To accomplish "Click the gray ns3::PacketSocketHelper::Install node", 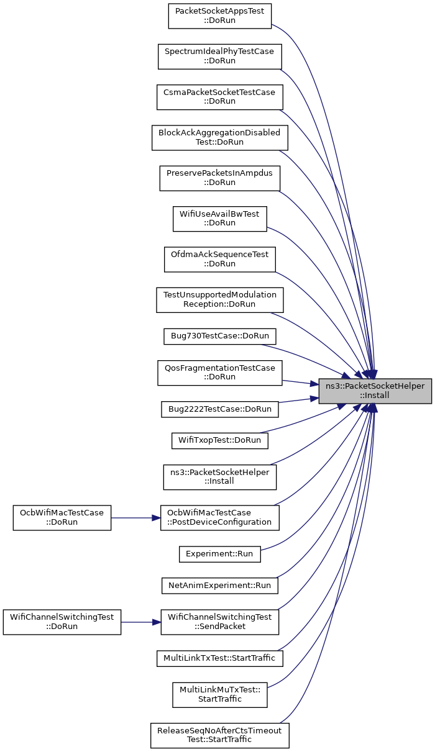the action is (375, 391).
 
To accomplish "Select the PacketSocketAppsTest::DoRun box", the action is (220, 16).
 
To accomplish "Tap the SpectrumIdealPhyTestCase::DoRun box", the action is (220, 57).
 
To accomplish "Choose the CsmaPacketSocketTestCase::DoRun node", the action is (220, 97).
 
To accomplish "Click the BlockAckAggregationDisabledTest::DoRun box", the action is (220, 138).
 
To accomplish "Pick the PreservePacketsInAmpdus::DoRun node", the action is (220, 178).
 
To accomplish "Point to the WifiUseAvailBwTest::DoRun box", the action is (220, 219).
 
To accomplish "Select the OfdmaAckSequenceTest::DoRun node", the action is (220, 260).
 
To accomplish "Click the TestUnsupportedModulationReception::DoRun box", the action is (220, 300).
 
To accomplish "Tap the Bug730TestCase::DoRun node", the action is (220, 337).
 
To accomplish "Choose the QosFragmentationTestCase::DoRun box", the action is (220, 373).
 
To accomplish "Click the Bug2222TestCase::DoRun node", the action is (220, 410).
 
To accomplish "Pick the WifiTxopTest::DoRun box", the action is (220, 441).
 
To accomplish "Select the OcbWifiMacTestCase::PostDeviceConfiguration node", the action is (220, 518).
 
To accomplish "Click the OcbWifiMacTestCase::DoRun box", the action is (62, 518).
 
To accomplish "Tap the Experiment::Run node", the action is (220, 555).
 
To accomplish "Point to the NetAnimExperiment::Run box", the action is (220, 586).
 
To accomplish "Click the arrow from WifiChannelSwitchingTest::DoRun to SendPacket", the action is (140, 622).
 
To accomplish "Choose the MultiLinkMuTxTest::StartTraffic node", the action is (220, 695).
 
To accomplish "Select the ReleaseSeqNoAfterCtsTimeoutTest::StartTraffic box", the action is (220, 736).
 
